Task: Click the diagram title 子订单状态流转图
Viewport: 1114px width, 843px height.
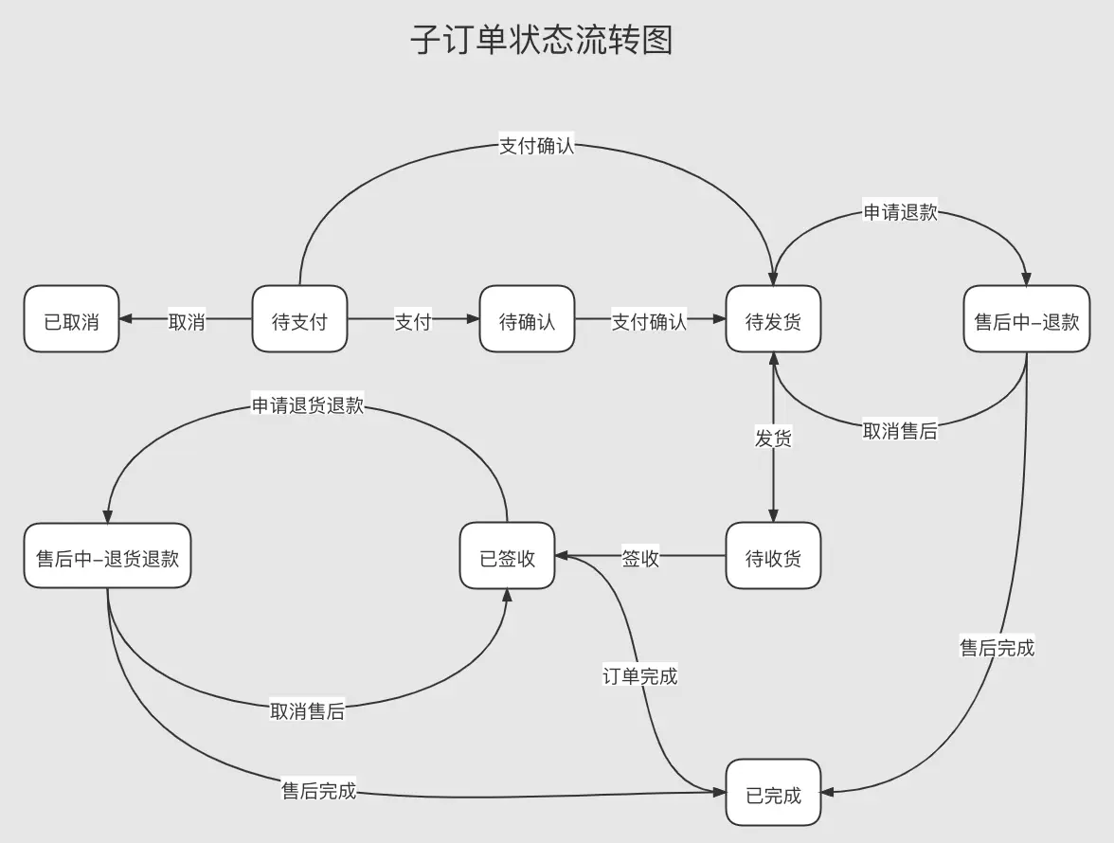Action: pyautogui.click(x=542, y=41)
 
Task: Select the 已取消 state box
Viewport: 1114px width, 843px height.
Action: pyautogui.click(x=71, y=320)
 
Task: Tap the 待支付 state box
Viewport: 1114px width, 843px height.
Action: pyautogui.click(x=299, y=320)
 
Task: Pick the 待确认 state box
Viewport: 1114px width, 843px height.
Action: pyautogui.click(x=527, y=320)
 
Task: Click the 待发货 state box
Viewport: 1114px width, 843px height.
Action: pyautogui.click(x=773, y=320)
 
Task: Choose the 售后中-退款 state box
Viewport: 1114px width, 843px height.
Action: pyautogui.click(x=1027, y=320)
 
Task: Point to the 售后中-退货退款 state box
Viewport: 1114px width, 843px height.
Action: pyautogui.click(x=107, y=557)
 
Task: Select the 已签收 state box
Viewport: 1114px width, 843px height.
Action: pyautogui.click(x=508, y=557)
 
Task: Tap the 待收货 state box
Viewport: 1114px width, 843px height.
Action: pyautogui.click(x=773, y=557)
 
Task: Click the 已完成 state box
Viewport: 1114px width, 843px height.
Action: pyautogui.click(x=773, y=794)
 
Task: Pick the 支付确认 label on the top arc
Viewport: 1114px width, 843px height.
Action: pyautogui.click(x=536, y=146)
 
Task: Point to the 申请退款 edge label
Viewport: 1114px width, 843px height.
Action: pyautogui.click(x=900, y=211)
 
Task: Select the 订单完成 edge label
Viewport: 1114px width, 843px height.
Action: pyautogui.click(x=640, y=675)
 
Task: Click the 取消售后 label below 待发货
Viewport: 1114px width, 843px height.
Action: pyautogui.click(x=900, y=431)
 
